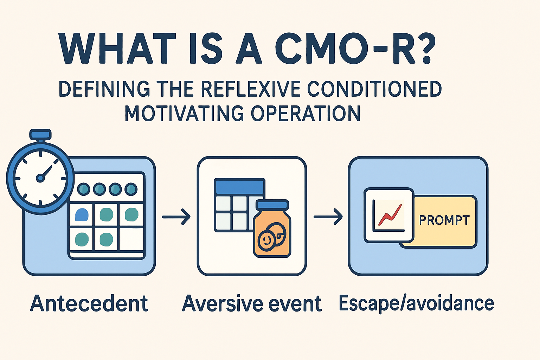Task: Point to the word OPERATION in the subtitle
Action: tap(306, 113)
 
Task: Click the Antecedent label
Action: tap(89, 303)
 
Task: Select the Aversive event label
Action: tap(252, 303)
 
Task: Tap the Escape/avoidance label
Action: tap(416, 303)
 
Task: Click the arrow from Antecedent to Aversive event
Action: tap(176, 217)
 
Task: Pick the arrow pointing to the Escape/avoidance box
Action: tap(328, 217)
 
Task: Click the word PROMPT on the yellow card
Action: tap(444, 220)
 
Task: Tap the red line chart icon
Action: tap(390, 215)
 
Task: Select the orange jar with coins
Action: tap(272, 232)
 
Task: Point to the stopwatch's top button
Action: tap(41, 134)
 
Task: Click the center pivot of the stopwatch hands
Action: tap(40, 178)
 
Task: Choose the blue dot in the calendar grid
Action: tap(82, 214)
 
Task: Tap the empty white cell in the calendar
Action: tap(131, 239)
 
